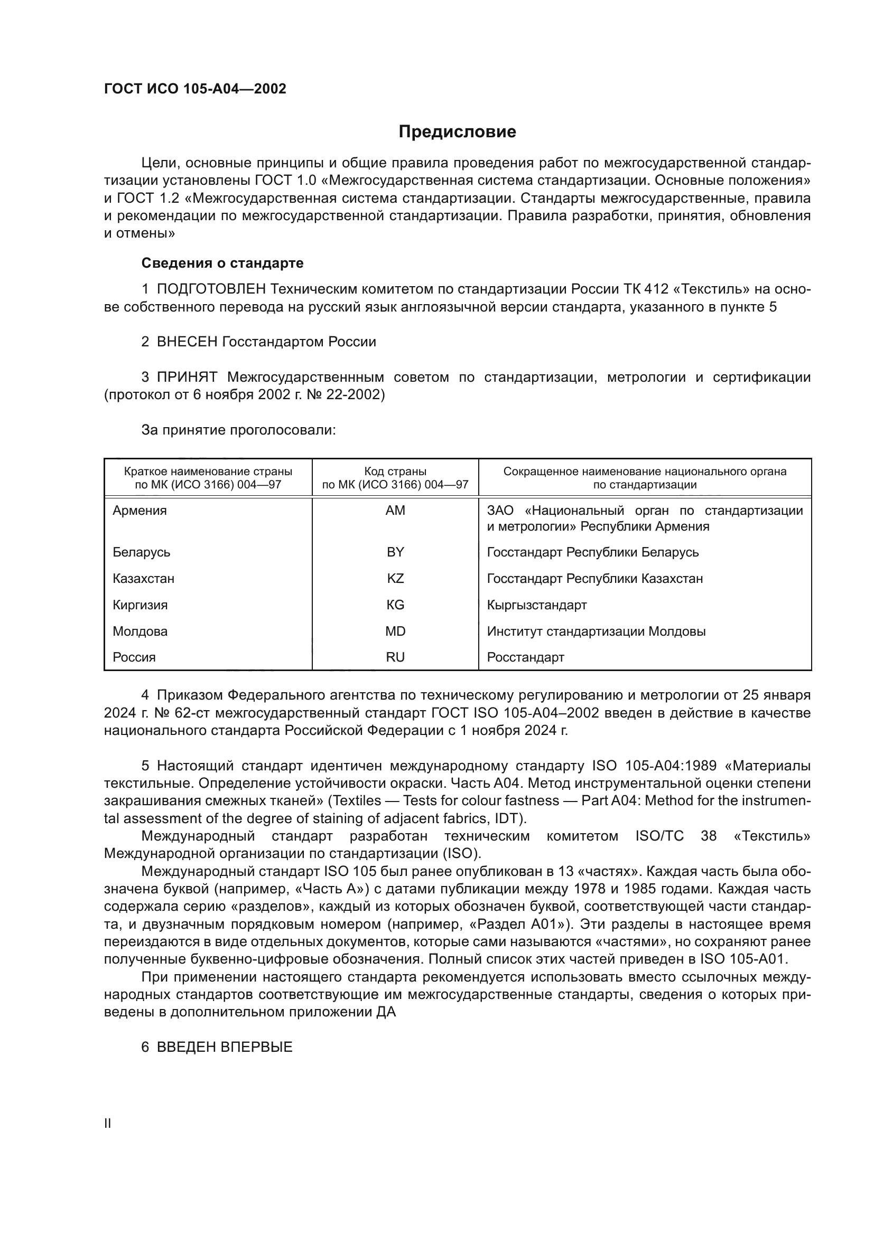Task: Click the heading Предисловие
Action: coord(457,132)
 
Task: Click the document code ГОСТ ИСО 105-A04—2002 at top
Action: coord(195,89)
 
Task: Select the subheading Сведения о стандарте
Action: coord(222,263)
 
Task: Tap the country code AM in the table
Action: coord(395,511)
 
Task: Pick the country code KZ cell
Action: coord(395,579)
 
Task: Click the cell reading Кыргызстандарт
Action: coord(536,605)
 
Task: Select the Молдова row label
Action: coord(140,631)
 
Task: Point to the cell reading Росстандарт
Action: coord(525,657)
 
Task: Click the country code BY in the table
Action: coord(395,552)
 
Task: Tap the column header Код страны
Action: coord(395,472)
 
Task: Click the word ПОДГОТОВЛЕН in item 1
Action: coord(211,289)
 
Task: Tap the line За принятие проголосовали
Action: coord(238,430)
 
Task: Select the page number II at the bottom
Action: coord(108,1124)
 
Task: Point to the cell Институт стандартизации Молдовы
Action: coord(596,631)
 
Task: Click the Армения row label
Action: coord(140,511)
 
